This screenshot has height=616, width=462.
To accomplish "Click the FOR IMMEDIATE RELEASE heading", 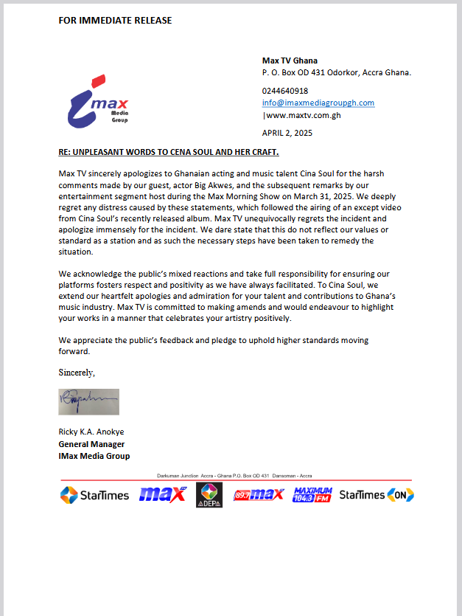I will (115, 20).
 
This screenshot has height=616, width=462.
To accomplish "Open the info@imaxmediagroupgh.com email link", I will (318, 103).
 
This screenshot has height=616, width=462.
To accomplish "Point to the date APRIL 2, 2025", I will (287, 133).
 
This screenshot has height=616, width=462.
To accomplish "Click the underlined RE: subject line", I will (169, 152).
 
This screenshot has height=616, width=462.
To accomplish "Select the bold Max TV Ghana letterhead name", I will (290, 60).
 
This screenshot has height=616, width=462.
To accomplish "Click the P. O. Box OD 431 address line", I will (337, 72).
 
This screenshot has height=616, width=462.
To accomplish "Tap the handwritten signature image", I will (88, 402).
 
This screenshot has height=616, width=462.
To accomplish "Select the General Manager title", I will (91, 444).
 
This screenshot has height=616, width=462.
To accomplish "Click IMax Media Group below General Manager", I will (94, 456).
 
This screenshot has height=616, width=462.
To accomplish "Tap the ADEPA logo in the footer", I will (209, 495).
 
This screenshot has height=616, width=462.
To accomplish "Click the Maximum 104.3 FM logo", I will (312, 494).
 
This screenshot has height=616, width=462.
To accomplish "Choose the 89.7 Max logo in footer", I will (258, 495).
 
